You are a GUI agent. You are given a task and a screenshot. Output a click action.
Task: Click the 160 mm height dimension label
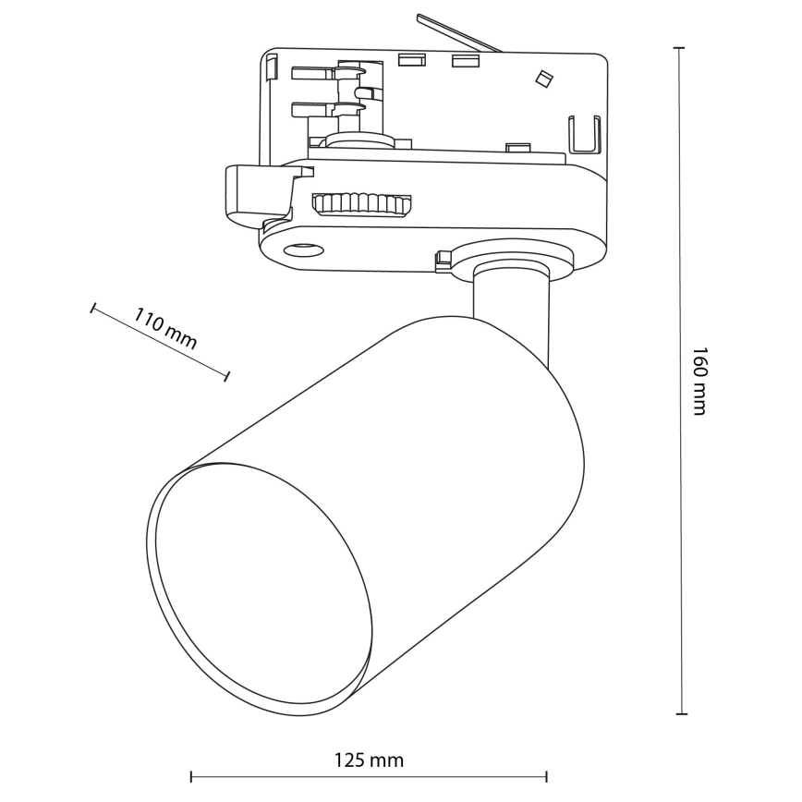pyautogui.click(x=699, y=381)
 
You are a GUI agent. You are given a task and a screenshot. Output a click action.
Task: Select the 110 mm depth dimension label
pyautogui.click(x=165, y=329)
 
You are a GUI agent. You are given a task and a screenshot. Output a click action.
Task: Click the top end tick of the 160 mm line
pyautogui.click(x=680, y=47)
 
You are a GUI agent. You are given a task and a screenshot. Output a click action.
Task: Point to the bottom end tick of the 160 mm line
pyautogui.click(x=681, y=713)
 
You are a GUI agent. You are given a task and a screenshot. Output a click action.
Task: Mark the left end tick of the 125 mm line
pyautogui.click(x=190, y=774)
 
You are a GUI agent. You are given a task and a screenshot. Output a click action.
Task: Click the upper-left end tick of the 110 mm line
pyautogui.click(x=92, y=307)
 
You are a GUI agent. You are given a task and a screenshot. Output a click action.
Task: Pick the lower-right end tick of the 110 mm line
pyautogui.click(x=228, y=374)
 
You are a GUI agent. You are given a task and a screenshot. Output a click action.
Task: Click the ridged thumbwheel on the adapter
pyautogui.click(x=361, y=203)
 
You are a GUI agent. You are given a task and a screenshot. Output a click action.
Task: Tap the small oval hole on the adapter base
pyautogui.click(x=302, y=248)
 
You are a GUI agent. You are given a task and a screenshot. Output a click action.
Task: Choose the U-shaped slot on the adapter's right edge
pyautogui.click(x=583, y=135)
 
